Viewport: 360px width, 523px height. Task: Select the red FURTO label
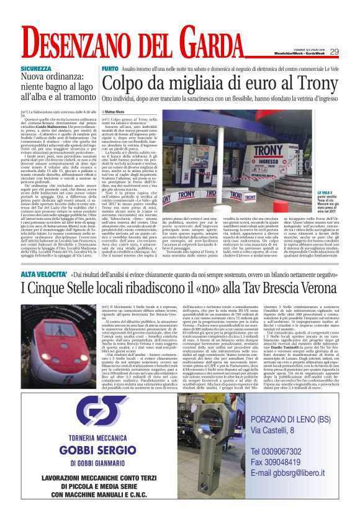tap(109, 68)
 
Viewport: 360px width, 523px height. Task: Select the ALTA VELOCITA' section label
tap(44, 273)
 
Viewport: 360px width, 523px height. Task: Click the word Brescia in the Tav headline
tap(257, 288)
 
